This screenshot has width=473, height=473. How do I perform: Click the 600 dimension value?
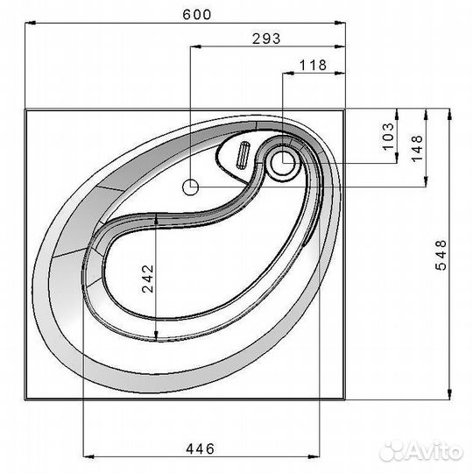click(197, 15)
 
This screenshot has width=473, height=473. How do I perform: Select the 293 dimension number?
click(266, 39)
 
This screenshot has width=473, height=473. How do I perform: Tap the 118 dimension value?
click(313, 65)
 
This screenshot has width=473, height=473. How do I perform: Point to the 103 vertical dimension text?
click(388, 137)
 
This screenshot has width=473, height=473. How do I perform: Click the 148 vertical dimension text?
click(417, 148)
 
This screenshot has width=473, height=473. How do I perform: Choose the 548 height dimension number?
click(441, 255)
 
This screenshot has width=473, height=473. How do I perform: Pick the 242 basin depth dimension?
click(148, 279)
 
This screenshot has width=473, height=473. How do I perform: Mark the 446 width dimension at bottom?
click(200, 448)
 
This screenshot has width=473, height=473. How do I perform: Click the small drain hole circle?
click(191, 187)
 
